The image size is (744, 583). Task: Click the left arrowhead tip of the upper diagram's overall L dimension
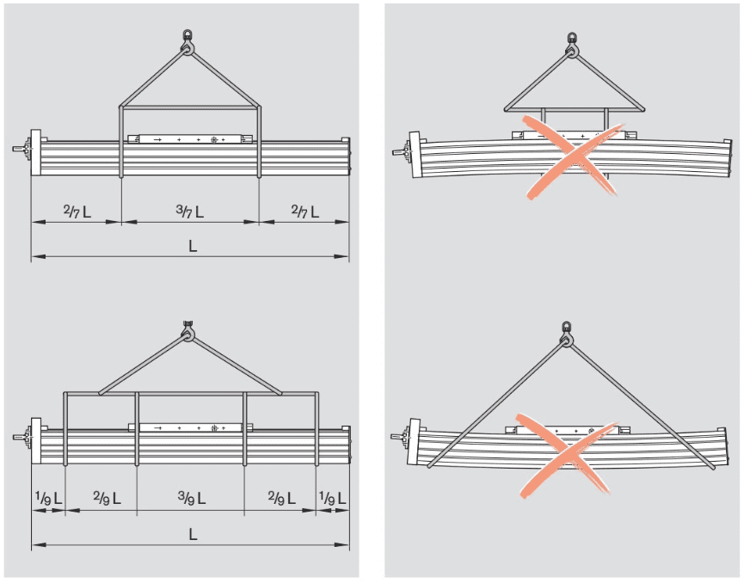(x=32, y=256)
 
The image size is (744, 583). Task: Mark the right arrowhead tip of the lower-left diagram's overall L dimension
(x=348, y=545)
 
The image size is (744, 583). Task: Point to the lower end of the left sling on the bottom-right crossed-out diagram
(x=428, y=467)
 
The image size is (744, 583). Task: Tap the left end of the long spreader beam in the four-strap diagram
(x=64, y=393)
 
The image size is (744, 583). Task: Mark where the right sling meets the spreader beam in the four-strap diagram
(x=281, y=393)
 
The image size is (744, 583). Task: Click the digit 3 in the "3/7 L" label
(x=180, y=208)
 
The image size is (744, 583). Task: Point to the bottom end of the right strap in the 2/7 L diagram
(x=259, y=176)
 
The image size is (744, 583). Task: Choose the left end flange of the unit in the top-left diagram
(x=35, y=152)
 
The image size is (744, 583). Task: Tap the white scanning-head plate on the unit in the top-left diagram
(x=190, y=139)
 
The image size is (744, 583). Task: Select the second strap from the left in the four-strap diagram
(x=137, y=429)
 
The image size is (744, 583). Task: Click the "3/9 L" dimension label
(x=192, y=498)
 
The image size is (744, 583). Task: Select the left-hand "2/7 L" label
(x=77, y=211)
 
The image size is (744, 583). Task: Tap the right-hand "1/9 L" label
(x=333, y=498)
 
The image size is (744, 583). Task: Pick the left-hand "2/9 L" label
(x=107, y=498)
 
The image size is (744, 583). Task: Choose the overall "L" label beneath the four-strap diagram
(x=193, y=535)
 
